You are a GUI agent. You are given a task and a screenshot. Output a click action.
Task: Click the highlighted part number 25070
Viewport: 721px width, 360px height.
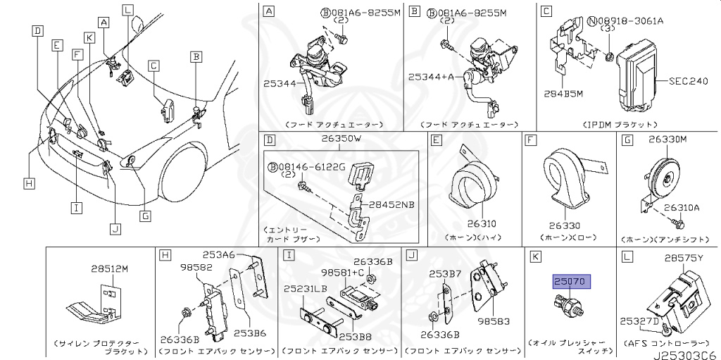click(x=571, y=282)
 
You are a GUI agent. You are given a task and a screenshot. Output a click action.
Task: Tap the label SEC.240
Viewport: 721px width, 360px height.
click(x=687, y=81)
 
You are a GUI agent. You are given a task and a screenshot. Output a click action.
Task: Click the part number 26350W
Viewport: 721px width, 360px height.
click(x=341, y=139)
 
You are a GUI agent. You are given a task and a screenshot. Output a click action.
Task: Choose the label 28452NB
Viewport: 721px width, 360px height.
click(x=394, y=204)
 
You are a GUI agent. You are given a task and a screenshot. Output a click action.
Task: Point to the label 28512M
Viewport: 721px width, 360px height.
click(x=110, y=268)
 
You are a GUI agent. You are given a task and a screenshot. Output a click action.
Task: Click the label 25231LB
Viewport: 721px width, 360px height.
click(x=306, y=289)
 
